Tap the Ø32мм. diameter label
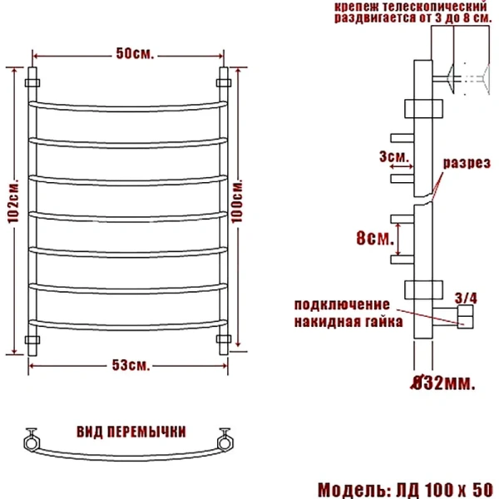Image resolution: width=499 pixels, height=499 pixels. pos(443,383)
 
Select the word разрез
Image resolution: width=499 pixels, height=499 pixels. pos(465,164)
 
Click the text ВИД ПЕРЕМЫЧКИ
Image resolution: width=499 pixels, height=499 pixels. pos(131,432)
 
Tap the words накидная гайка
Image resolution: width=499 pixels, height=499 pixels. pos(348,321)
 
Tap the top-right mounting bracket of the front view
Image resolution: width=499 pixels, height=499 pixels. pos(223,82)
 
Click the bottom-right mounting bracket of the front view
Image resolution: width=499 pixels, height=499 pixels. pos(223,339)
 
